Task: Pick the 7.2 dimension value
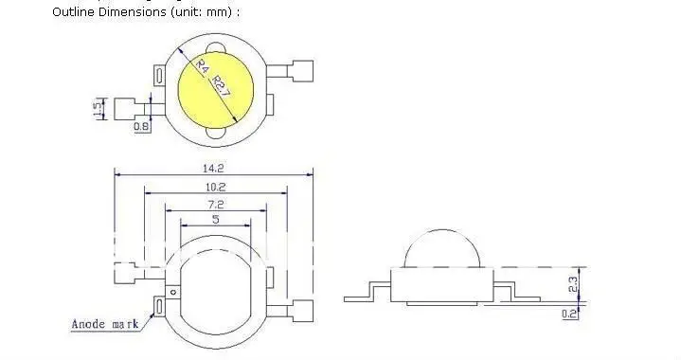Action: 215,203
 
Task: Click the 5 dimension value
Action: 215,220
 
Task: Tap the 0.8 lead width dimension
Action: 141,126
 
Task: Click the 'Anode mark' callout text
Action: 104,325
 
